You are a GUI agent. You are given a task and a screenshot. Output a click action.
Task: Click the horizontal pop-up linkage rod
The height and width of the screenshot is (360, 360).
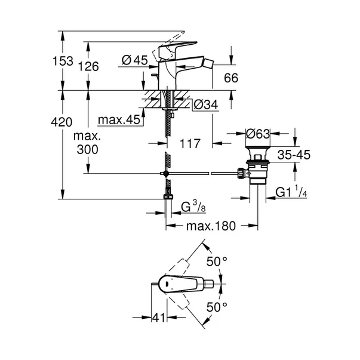[203, 173]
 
